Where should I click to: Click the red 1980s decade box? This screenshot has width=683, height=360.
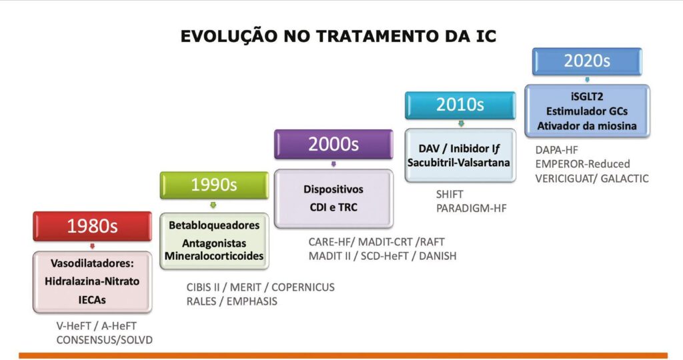tap(92, 227)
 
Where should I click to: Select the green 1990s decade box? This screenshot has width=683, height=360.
tap(214, 185)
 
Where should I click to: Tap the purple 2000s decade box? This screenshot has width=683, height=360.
tap(333, 144)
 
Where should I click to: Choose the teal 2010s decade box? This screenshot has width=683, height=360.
tap(460, 105)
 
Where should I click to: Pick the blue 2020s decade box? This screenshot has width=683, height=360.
tap(587, 61)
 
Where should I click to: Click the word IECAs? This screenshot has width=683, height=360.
tap(92, 300)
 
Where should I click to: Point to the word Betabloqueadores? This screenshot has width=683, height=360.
tap(214, 225)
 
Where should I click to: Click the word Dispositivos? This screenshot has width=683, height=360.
tap(333, 190)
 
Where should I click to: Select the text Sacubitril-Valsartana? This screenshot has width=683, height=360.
tap(459, 163)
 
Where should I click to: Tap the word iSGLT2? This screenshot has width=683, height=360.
tap(587, 97)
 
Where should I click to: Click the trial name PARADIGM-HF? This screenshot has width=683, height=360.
tap(472, 209)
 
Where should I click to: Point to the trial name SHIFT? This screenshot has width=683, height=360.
tap(450, 194)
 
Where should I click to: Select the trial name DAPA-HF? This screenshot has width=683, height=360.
tap(556, 150)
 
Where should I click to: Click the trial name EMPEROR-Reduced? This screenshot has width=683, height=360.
tap(582, 164)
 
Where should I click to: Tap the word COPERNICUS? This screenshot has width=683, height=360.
tap(303, 287)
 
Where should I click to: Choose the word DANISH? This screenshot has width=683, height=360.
tap(438, 256)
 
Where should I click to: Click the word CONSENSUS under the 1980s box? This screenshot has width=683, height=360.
tap(82, 340)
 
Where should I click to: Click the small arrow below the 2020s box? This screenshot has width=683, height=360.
tap(587, 79)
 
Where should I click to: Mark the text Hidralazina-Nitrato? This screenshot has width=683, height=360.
tap(92, 281)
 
